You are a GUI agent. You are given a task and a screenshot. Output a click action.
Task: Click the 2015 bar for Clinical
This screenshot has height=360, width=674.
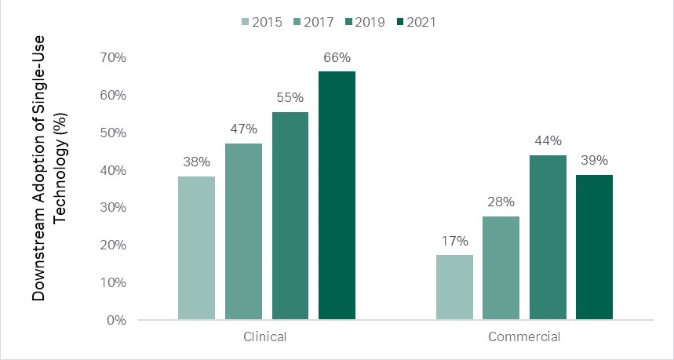pos(196,248)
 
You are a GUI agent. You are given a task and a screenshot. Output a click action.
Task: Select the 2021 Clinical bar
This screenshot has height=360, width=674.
pos(337,195)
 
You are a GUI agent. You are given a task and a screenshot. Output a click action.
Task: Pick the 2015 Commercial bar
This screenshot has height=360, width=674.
pos(454,287)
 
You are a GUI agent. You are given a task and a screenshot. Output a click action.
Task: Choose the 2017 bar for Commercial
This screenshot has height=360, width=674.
pos(501,267)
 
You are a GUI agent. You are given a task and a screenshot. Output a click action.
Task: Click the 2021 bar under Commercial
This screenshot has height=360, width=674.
pos(594,247)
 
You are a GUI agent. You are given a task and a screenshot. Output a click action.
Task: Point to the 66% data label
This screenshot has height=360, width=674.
pos(337,57)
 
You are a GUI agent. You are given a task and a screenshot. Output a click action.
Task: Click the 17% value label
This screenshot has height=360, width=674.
pos(454,241)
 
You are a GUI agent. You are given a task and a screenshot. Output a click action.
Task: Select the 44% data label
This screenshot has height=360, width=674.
pos(548,141)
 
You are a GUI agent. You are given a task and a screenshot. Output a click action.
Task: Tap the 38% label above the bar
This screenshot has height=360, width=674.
pos(196,162)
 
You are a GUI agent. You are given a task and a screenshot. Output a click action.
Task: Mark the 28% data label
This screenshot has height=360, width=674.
pos(501,202)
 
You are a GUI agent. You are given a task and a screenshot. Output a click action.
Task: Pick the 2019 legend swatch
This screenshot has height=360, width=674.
pos(346,22)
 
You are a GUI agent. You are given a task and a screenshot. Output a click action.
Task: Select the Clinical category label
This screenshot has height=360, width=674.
pos(266,337)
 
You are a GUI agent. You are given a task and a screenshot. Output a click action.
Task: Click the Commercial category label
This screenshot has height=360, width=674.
pos(524,337)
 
